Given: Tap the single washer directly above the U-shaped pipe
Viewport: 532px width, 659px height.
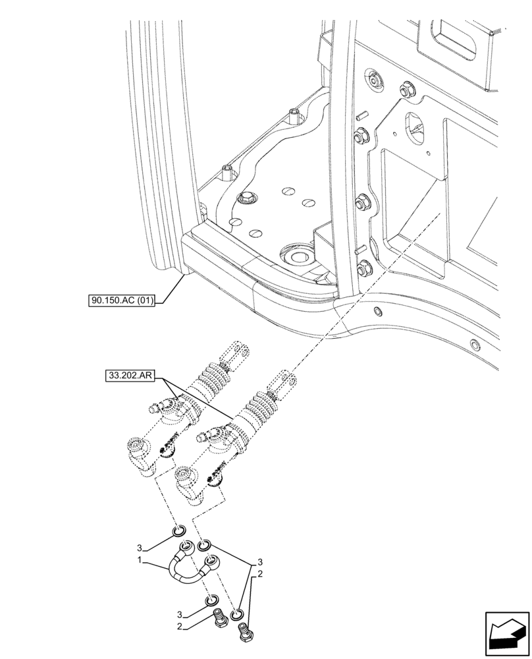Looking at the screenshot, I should pyautogui.click(x=178, y=532).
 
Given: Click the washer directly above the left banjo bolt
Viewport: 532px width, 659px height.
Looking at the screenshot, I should pyautogui.click(x=211, y=601).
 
